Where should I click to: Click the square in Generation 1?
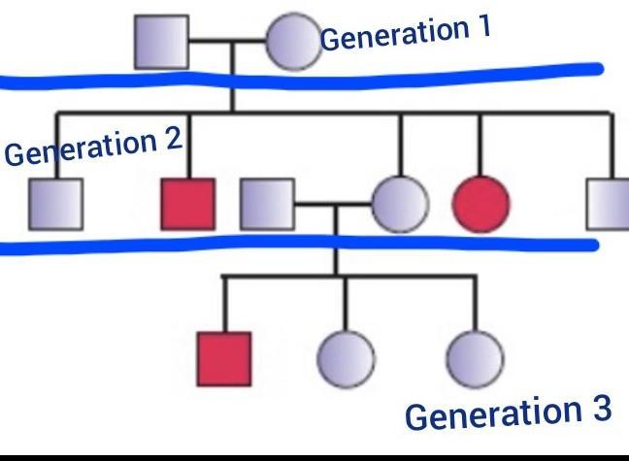[161, 43]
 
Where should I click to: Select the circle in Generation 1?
[292, 43]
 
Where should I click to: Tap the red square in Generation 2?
[187, 205]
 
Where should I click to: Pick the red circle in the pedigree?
[480, 205]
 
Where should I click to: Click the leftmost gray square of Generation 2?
[55, 205]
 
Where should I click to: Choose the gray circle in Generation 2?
[399, 205]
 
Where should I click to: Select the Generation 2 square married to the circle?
[267, 205]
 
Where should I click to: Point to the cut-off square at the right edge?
[610, 205]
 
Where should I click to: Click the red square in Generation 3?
[224, 358]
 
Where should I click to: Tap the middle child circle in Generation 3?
[346, 358]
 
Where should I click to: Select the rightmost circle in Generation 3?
[474, 358]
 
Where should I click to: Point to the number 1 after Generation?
[480, 27]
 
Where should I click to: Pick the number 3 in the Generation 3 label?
[597, 409]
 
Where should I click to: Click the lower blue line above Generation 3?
[291, 243]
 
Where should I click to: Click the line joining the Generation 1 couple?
[227, 43]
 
